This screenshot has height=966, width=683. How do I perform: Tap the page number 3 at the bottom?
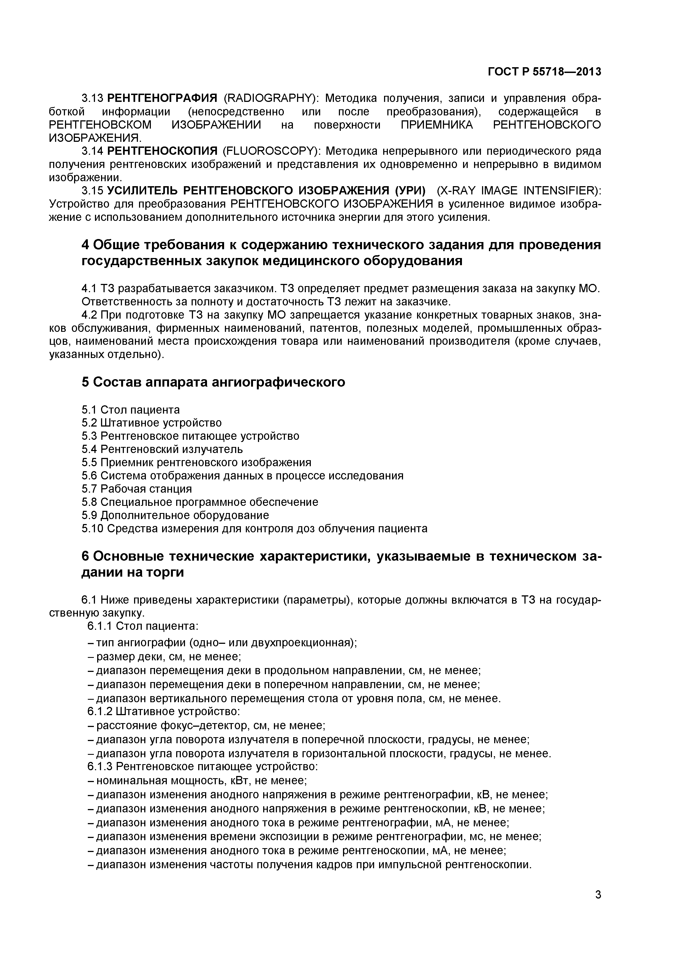pyautogui.click(x=598, y=907)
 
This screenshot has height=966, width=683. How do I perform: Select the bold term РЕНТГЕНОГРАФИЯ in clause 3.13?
pyautogui.click(x=162, y=99)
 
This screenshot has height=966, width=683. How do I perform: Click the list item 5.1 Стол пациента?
pyautogui.click(x=130, y=409)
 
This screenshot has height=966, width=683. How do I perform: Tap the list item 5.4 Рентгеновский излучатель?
pyautogui.click(x=162, y=449)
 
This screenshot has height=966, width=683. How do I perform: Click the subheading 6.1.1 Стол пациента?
pyautogui.click(x=143, y=626)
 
